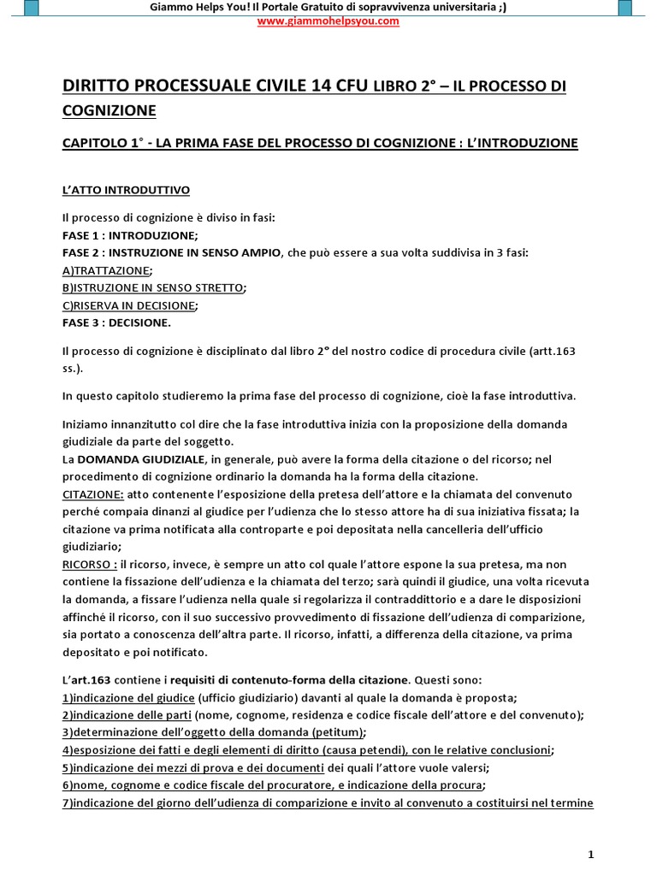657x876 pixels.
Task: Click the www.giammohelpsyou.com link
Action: [x=328, y=21]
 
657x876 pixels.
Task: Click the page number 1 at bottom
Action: [x=591, y=854]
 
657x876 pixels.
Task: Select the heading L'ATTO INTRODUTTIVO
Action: [x=127, y=189]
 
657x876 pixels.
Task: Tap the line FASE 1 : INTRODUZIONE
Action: [x=130, y=234]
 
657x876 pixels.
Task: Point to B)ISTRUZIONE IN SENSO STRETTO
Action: [x=154, y=287]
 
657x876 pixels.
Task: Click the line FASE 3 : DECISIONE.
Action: [x=117, y=323]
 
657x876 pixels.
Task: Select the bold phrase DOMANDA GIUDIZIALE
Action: [x=140, y=459]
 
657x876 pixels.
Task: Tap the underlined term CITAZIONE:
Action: [x=93, y=494]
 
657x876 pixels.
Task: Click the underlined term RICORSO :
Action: [x=90, y=565]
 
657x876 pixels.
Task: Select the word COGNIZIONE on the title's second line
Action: [x=110, y=110]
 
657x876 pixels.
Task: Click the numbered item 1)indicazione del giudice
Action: [x=128, y=697]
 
